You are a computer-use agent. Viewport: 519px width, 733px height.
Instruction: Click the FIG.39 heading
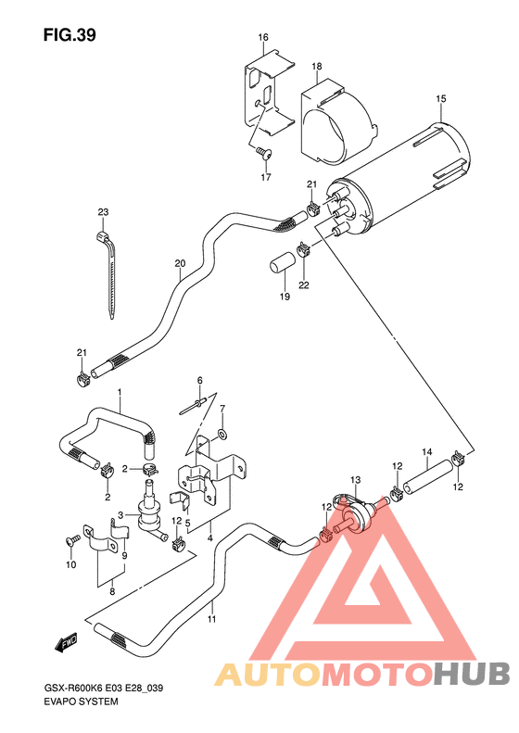tap(70, 35)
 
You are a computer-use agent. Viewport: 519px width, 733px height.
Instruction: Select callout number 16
tap(263, 38)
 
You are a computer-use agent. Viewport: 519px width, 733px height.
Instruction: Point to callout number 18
tap(316, 67)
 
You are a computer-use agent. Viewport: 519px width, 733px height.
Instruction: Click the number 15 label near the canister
tap(440, 98)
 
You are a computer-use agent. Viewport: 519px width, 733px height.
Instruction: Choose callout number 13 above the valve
tap(355, 479)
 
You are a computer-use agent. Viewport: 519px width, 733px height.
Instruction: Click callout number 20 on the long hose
tap(179, 263)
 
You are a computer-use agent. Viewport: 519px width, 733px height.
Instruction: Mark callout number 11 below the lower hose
tap(211, 619)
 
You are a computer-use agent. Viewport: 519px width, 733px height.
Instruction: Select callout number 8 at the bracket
tap(111, 590)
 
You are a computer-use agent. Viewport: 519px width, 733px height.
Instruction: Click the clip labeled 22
tap(303, 247)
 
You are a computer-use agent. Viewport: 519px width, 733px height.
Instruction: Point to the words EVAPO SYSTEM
tap(80, 703)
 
